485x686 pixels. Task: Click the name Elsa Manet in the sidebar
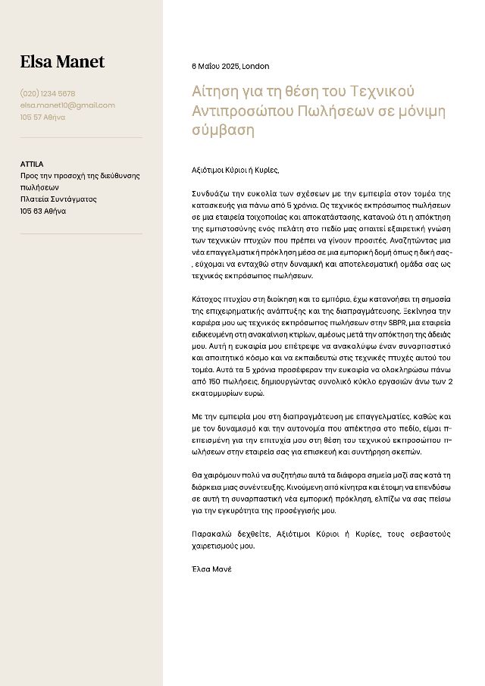62,62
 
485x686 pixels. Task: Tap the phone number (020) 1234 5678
48,93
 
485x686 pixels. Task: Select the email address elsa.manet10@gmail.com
67,105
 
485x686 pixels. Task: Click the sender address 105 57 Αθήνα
42,117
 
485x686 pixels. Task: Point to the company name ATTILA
32,164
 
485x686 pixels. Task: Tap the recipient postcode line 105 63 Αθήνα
43,211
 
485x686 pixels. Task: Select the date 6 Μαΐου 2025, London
230,67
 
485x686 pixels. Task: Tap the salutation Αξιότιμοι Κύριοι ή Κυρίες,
236,170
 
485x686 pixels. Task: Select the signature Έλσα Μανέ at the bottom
211,569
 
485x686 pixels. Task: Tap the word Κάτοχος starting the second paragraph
208,299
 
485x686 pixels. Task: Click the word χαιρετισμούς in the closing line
217,546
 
